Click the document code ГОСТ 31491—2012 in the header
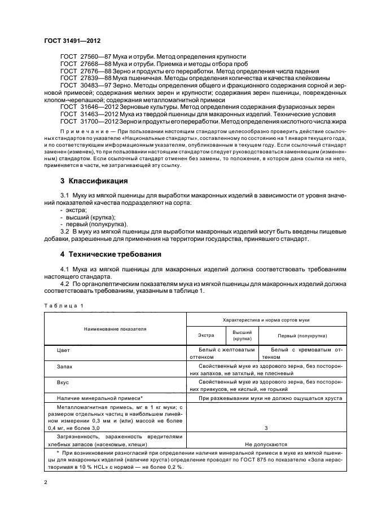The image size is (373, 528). (73, 42)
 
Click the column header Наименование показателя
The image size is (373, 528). (115, 328)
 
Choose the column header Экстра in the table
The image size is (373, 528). (205, 336)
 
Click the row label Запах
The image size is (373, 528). (64, 367)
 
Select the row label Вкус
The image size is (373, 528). (63, 382)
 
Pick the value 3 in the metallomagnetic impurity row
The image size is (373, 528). (266, 429)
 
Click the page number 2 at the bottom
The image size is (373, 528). (46, 483)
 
